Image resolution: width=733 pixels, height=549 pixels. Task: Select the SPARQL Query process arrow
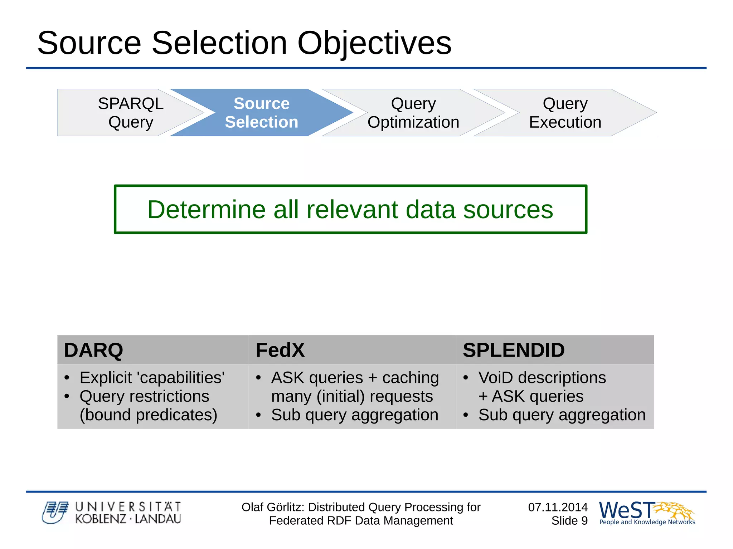point(131,113)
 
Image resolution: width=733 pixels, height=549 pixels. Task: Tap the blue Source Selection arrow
point(261,113)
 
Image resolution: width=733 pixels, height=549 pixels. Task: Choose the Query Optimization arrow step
point(413,113)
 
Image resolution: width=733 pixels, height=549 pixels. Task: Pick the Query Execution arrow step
point(565,113)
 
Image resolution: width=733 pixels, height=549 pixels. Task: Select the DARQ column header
point(93,350)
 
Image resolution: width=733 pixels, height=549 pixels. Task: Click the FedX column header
point(280,350)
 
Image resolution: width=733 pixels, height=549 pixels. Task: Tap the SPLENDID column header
point(513,350)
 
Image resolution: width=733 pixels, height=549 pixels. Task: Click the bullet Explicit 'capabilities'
point(152,378)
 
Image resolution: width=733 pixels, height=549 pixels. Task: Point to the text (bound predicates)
point(148,415)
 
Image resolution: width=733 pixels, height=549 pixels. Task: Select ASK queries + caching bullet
point(355,378)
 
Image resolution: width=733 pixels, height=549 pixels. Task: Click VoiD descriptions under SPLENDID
point(542,378)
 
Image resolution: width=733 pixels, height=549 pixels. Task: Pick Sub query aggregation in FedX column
point(355,415)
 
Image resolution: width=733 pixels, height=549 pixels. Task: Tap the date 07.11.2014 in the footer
point(558,507)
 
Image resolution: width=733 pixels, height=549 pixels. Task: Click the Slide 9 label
point(569,521)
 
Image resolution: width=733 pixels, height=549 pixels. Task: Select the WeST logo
point(646,512)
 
